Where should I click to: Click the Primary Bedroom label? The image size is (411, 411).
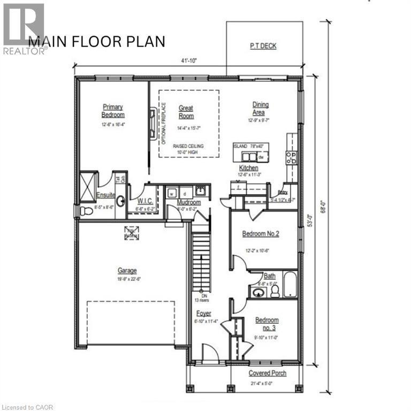tap(113, 111)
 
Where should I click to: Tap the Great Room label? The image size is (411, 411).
tap(186, 112)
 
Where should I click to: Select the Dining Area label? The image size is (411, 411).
tap(261, 109)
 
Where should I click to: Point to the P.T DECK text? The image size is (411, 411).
tap(263, 46)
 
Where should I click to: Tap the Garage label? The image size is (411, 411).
tap(127, 271)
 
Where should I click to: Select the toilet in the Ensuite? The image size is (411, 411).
tap(86, 211)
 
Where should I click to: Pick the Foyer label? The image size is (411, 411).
tap(203, 314)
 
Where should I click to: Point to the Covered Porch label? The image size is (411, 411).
tap(268, 373)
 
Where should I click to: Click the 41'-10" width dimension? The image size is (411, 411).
tap(186, 60)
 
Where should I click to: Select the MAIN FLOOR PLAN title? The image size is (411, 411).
tap(97, 42)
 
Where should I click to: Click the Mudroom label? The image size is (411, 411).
tap(189, 203)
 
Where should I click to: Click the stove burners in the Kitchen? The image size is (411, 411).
tap(291, 157)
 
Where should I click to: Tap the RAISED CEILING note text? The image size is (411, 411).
tap(188, 146)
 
